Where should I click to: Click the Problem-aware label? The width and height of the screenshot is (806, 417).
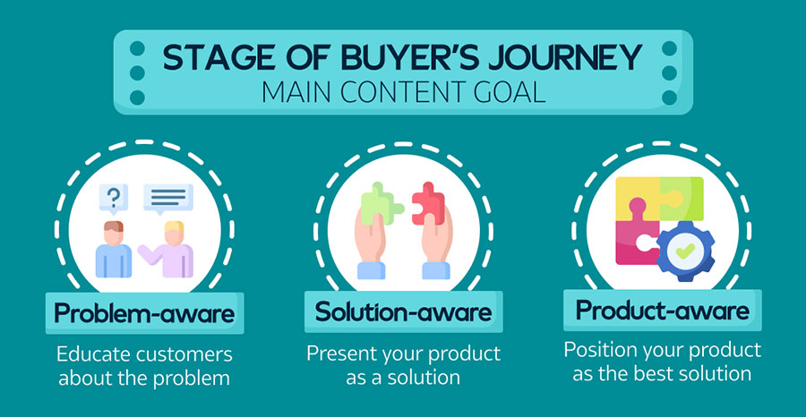[x=144, y=313]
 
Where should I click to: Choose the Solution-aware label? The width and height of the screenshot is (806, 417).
[x=403, y=311]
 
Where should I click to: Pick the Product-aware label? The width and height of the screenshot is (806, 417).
[x=662, y=310]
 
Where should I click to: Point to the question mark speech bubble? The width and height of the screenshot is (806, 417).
[x=114, y=199]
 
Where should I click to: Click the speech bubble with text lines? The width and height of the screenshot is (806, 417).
[x=168, y=199]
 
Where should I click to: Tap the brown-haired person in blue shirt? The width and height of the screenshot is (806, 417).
[x=113, y=249]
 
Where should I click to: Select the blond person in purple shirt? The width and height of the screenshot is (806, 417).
[x=167, y=249]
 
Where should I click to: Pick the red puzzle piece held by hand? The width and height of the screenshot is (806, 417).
[x=429, y=203]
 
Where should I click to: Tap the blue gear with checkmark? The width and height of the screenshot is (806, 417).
[x=686, y=251]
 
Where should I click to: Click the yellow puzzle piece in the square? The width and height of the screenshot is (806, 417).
[x=637, y=198]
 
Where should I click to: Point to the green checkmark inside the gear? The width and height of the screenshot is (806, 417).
[x=686, y=251]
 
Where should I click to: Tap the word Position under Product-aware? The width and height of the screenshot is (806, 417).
[x=598, y=350]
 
